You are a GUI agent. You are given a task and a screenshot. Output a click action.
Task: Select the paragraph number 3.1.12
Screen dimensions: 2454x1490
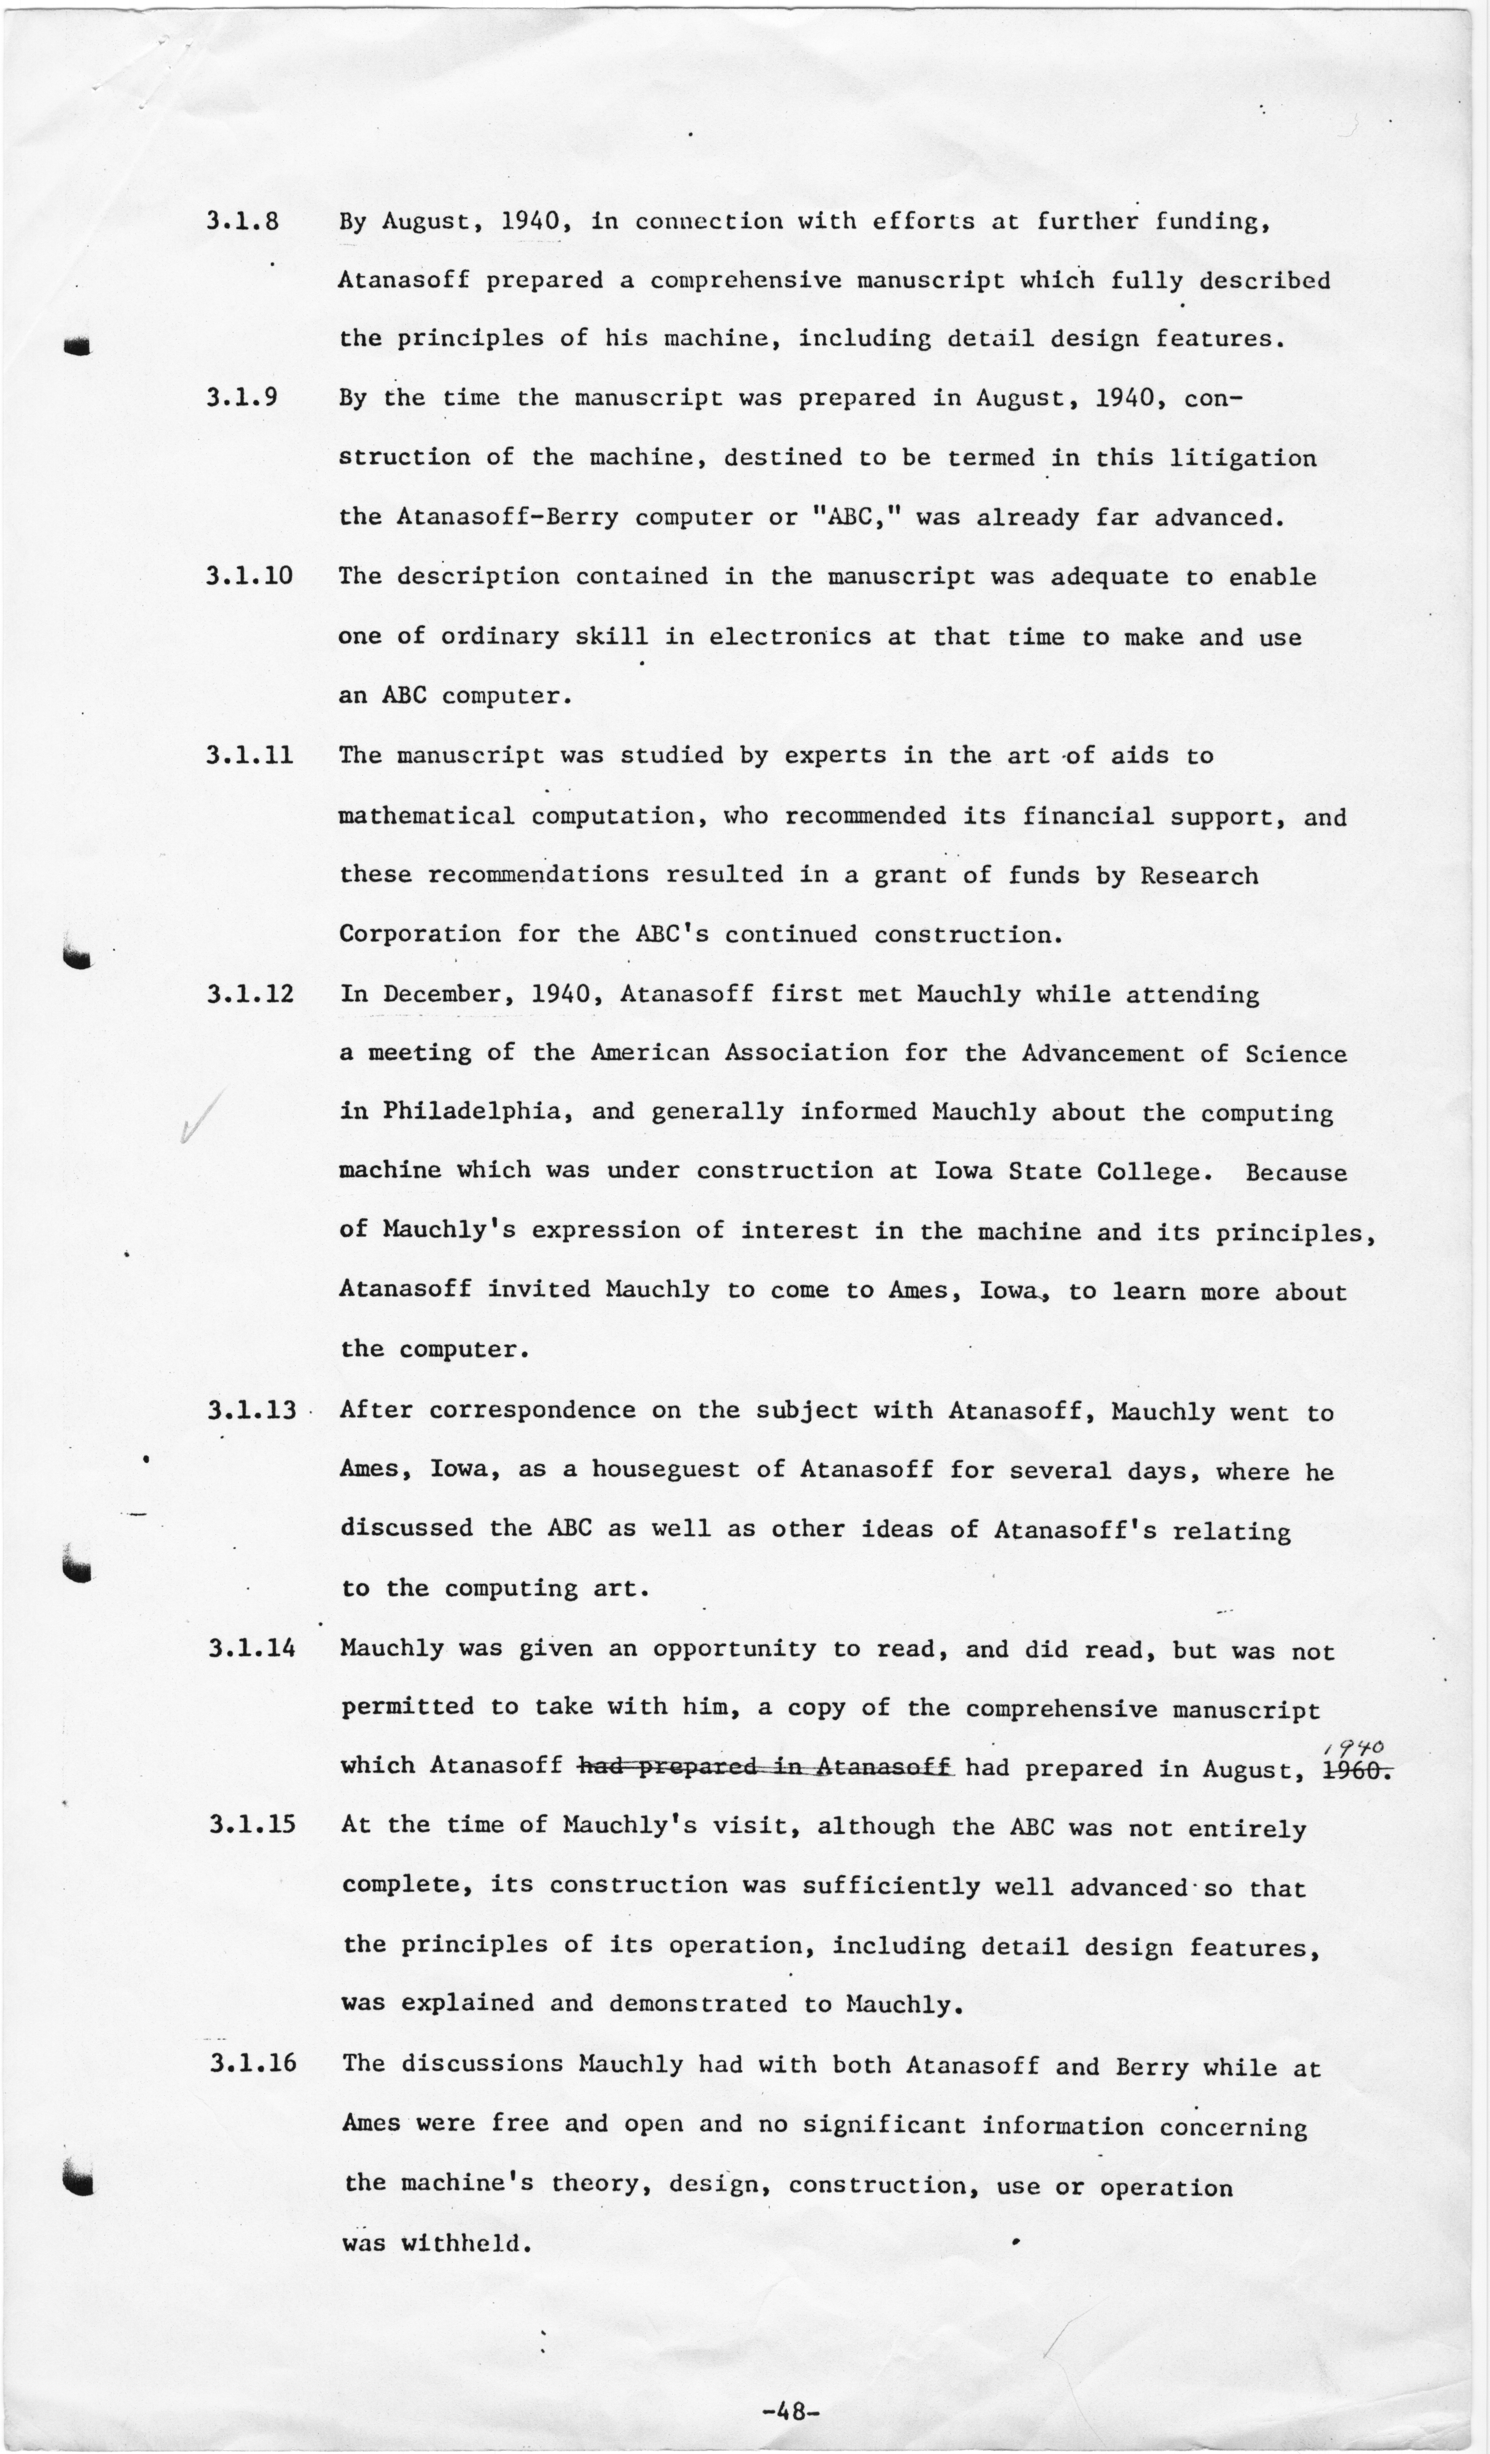pyautogui.click(x=250, y=994)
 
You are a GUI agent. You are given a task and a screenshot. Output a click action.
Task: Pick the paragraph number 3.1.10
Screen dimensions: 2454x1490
pyautogui.click(x=249, y=576)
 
